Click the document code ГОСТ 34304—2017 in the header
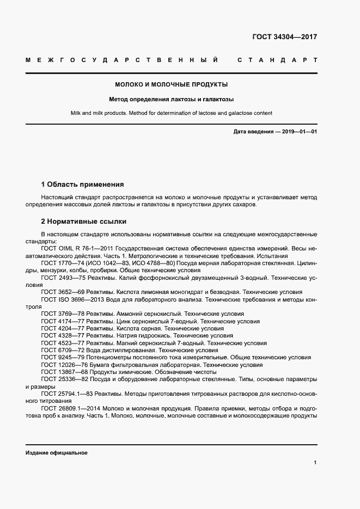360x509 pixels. pyautogui.click(x=284, y=37)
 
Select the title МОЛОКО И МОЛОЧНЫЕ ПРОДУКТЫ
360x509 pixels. pyautogui.click(x=171, y=84)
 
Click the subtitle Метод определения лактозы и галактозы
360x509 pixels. pyautogui.click(x=171, y=100)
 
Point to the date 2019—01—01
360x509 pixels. pyautogui.click(x=299, y=132)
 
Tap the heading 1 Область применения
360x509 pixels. pyautogui.click(x=82, y=185)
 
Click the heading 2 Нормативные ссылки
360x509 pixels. pyautogui.click(x=84, y=222)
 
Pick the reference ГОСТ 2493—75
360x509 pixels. pyautogui.click(x=62, y=277)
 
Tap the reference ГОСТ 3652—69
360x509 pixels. pyautogui.click(x=62, y=292)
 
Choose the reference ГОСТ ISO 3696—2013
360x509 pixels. pyautogui.click(x=71, y=299)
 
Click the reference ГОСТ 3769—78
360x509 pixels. pyautogui.click(x=62, y=314)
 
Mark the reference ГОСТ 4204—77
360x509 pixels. pyautogui.click(x=62, y=329)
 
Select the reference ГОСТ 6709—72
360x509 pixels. pyautogui.click(x=62, y=351)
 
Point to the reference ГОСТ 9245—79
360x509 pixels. pyautogui.click(x=62, y=358)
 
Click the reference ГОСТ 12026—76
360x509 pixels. pyautogui.click(x=63, y=365)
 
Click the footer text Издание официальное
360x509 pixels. pyautogui.click(x=56, y=453)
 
